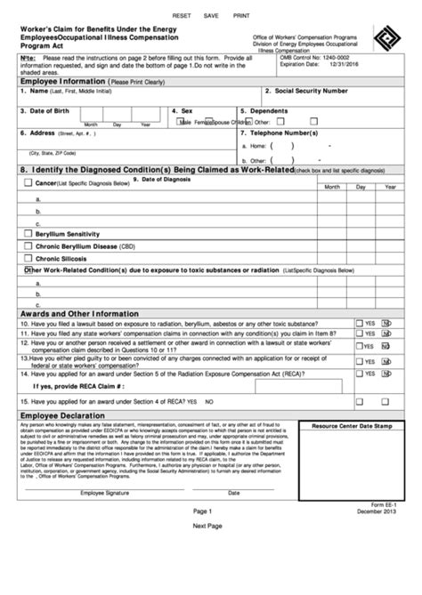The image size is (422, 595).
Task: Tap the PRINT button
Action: tap(241, 16)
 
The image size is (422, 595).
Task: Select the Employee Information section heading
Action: tap(59, 81)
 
